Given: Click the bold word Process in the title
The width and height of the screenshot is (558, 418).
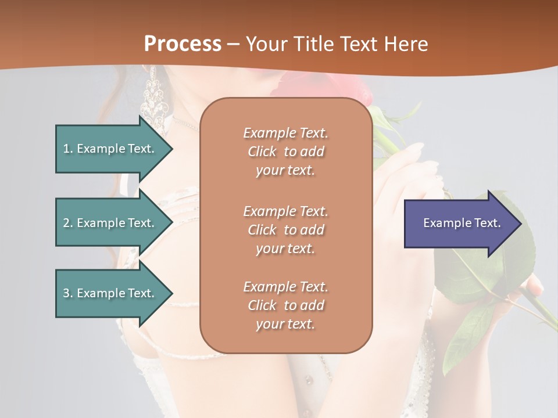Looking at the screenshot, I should [183, 44].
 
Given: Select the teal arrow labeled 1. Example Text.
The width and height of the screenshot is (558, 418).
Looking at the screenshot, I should [110, 149].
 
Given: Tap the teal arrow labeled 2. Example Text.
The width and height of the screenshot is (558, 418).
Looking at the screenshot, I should [110, 223].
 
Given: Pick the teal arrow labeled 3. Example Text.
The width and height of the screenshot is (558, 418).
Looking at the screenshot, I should [110, 293].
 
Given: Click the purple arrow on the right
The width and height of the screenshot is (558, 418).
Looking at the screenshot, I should [459, 223].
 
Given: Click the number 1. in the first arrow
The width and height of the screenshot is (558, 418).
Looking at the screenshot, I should [68, 149].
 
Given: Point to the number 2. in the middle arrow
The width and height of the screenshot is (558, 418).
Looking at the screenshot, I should [68, 223].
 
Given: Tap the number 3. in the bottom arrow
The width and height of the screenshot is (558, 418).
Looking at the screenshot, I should [68, 293].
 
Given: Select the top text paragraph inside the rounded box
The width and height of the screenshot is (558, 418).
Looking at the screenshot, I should [285, 152].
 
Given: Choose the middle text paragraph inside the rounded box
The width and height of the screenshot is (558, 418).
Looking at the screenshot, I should [285, 230].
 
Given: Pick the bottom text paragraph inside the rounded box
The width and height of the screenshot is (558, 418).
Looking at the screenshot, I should [285, 305].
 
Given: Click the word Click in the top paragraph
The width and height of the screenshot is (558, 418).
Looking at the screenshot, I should [262, 152].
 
